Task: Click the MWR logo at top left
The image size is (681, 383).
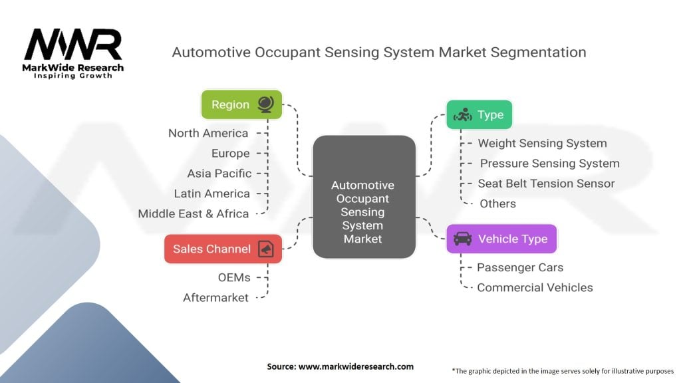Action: pos(74,47)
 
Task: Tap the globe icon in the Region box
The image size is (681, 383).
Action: pos(265,104)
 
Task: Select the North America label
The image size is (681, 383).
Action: pos(208,133)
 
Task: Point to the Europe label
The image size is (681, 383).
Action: pos(230,154)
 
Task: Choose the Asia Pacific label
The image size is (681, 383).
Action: pos(219,174)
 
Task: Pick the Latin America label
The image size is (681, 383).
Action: pos(211,193)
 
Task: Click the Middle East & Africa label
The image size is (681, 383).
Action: pos(193,213)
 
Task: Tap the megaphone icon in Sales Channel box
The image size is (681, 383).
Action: pos(265,249)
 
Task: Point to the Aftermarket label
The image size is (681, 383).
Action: pos(215,297)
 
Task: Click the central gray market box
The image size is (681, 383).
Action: pos(364,197)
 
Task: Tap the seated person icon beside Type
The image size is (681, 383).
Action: pos(462,116)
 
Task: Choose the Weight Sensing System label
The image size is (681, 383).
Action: pos(542,143)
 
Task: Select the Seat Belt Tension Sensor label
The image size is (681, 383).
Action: pos(546,184)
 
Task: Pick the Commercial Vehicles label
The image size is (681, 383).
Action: pos(535,287)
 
